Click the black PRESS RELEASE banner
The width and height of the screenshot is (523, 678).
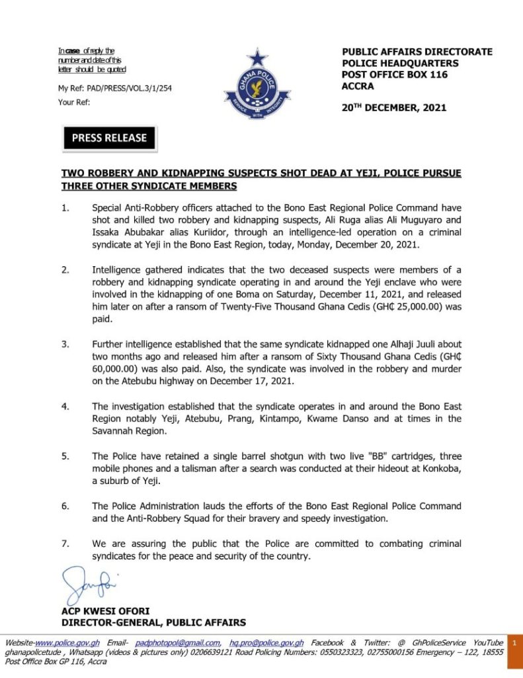(x=109, y=138)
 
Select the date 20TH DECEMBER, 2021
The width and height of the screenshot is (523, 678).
(x=393, y=108)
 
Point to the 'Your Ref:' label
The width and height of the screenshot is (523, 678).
(x=74, y=102)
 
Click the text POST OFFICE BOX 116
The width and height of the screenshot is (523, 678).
(x=395, y=74)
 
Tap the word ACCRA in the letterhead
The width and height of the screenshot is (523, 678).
(x=358, y=85)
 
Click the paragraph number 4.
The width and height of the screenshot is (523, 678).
(x=65, y=406)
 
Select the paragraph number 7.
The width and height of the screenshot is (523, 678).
(x=65, y=544)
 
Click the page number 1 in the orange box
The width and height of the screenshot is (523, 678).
(x=514, y=643)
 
